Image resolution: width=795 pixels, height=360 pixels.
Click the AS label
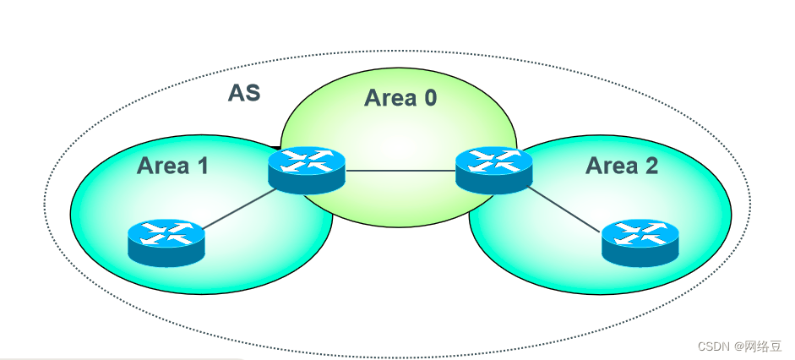(244, 93)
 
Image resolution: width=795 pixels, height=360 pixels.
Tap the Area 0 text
(400, 98)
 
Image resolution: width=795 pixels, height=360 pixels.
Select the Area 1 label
(172, 166)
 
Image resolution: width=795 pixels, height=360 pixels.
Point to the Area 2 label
(622, 166)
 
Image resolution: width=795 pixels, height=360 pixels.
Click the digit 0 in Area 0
(430, 98)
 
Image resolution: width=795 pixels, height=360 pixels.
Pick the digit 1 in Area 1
(203, 166)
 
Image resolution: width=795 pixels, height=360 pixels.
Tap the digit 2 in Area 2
(651, 166)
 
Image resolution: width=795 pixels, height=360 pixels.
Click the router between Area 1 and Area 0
(307, 171)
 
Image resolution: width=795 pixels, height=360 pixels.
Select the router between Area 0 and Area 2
(494, 171)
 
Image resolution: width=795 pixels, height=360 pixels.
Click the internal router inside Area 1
(166, 243)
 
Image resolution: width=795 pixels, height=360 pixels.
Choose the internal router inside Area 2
(640, 243)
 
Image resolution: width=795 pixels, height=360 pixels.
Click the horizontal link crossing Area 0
(400, 171)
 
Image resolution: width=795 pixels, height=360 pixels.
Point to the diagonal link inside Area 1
(239, 209)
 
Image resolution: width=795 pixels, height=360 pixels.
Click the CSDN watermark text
(714, 346)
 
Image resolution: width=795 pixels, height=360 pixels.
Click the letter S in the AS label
(253, 93)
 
